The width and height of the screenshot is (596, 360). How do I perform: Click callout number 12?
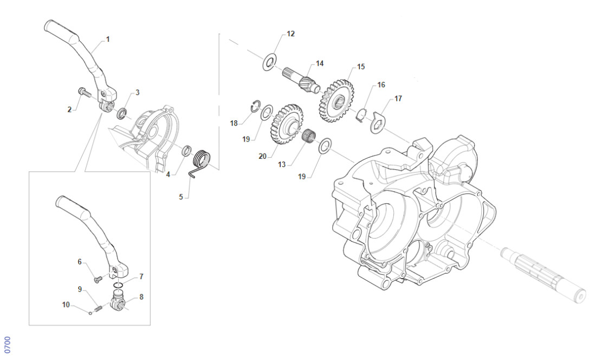coord(290,34)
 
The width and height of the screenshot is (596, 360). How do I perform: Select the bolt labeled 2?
coord(83,92)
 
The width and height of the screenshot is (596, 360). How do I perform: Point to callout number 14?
coord(320,63)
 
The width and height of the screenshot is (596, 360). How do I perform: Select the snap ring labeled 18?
coord(254,107)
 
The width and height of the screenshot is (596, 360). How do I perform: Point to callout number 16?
coord(381,85)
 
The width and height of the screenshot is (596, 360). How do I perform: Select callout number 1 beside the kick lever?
coord(107,39)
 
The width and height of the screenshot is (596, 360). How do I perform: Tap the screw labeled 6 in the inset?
coord(98,279)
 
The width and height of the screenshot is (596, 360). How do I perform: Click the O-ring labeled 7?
coord(119,285)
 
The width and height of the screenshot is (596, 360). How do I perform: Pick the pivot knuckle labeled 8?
coord(120,301)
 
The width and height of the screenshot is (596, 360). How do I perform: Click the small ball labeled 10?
coord(90,312)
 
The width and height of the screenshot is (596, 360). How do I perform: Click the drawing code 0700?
coord(7,344)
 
